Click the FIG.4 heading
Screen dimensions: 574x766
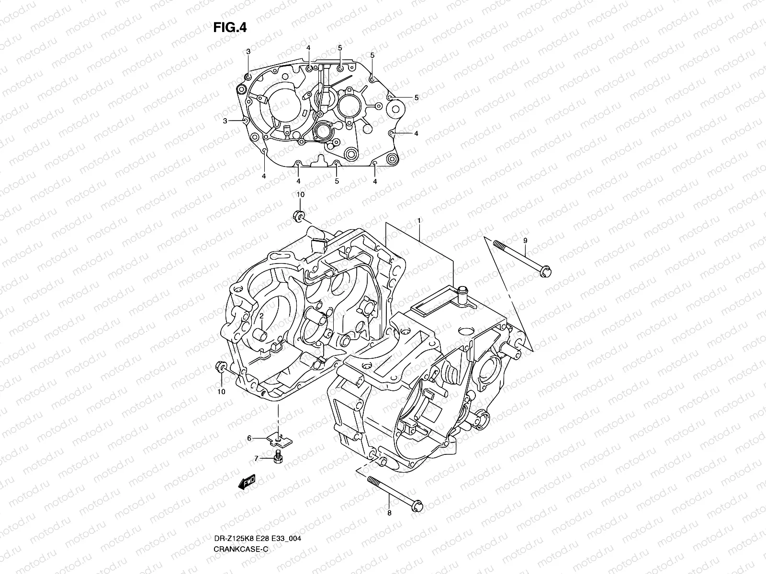tap(230, 28)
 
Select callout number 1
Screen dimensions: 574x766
tap(419, 221)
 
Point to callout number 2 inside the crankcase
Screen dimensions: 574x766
tap(262, 317)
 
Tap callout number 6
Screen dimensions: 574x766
tap(249, 438)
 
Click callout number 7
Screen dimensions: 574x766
tap(256, 458)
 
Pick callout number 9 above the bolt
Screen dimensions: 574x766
tap(525, 241)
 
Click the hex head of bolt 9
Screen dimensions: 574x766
tap(546, 271)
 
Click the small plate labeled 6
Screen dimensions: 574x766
tap(280, 436)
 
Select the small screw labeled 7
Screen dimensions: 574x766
tap(277, 456)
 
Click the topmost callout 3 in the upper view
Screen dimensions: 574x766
tap(248, 51)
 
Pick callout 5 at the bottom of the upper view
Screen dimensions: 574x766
tap(337, 181)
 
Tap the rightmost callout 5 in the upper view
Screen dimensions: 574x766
tap(416, 98)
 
